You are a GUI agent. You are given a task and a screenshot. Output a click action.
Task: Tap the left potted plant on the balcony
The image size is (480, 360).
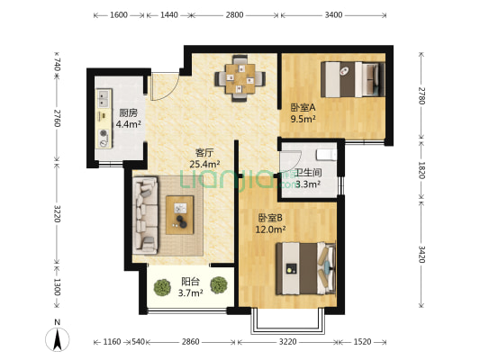point(162,287)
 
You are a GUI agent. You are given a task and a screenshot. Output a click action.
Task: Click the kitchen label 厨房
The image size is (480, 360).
point(127,113)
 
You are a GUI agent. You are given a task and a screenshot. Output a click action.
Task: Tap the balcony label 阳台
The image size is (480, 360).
point(190,280)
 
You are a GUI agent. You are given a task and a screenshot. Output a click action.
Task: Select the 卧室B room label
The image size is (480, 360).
point(270,218)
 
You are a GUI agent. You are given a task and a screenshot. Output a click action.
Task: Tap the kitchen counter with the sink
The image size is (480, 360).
point(104,121)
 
